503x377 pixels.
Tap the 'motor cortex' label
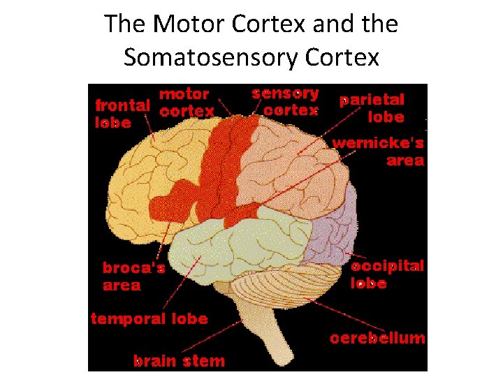pos(186,102)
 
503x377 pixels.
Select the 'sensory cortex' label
pos(285,101)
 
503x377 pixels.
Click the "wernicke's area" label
pos(378,151)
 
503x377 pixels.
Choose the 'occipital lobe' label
pos(387,274)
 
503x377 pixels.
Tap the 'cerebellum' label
pos(377,338)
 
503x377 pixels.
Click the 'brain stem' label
pos(180,361)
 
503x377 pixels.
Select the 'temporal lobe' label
pos(150,318)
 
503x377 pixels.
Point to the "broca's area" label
pos(133,276)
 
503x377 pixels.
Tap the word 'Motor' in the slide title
pos(183,24)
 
